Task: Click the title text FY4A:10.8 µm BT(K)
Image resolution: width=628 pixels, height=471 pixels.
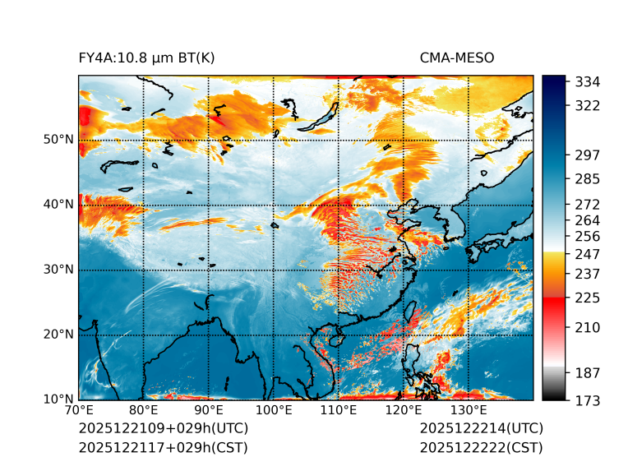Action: pos(147,58)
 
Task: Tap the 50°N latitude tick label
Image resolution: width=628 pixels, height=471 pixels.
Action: pos(58,140)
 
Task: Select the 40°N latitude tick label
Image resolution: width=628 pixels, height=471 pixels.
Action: pos(58,205)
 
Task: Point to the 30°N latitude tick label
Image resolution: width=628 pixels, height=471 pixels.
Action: pos(58,270)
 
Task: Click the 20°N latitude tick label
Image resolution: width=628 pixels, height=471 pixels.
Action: pos(58,335)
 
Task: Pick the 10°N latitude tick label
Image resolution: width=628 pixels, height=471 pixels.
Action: pos(58,399)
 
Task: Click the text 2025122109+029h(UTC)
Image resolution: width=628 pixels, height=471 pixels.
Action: pos(163,429)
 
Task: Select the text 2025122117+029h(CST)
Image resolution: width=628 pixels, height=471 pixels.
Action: pos(163,447)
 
